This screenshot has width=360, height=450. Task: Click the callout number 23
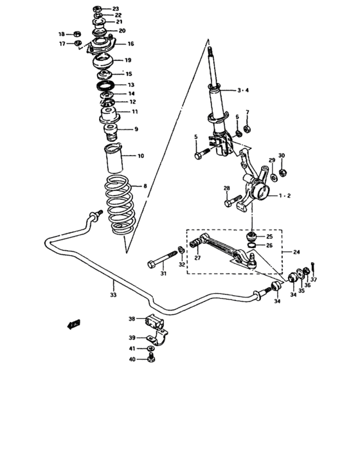coord(116,9)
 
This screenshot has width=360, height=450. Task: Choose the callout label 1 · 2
coord(285,195)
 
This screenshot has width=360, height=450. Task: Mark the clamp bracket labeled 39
coord(158,337)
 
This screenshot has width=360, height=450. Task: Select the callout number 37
coord(314,279)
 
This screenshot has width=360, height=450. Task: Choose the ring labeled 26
coord(253,244)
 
